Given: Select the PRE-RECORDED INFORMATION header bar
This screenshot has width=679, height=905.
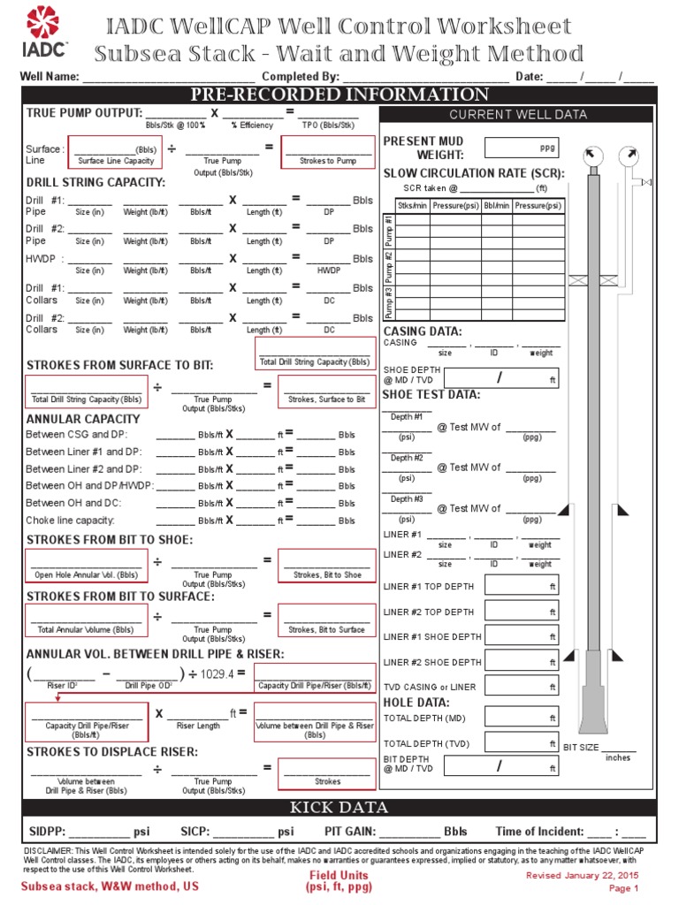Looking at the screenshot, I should [339, 95].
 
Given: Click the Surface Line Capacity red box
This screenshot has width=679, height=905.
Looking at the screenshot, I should [115, 152].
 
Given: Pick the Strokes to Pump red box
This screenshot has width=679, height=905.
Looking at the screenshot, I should [328, 152].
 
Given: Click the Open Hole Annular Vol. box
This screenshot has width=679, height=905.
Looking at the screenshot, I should [87, 566].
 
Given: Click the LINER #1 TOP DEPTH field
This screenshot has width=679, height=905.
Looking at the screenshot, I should [522, 586].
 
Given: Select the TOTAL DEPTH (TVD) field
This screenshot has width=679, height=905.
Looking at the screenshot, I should [522, 743].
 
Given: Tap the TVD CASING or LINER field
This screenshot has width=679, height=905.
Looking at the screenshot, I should [522, 686].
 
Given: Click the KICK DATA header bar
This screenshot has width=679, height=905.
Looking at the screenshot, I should [339, 807].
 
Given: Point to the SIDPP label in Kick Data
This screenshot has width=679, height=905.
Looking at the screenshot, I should [45, 832].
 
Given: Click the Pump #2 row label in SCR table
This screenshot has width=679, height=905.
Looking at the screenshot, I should [388, 266].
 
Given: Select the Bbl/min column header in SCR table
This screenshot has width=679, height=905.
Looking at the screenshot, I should [496, 206].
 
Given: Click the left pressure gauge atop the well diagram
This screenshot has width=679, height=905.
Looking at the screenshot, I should [591, 156].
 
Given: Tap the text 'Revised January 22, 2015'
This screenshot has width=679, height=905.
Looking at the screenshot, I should [582, 875].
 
